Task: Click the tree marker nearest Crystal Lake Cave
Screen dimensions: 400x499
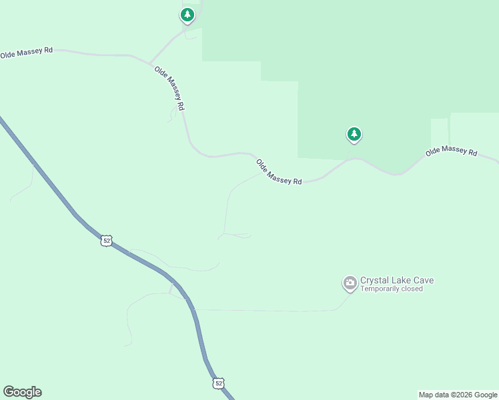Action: (354, 135)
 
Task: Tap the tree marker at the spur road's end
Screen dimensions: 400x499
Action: (187, 15)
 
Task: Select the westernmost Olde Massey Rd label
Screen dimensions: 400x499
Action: (26, 53)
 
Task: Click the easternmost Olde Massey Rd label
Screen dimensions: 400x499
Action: (452, 152)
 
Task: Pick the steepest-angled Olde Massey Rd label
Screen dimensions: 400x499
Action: (169, 88)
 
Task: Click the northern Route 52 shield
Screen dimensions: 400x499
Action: (106, 240)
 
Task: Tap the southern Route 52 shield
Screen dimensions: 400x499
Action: (218, 383)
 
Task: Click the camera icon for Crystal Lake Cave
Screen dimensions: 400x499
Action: (350, 283)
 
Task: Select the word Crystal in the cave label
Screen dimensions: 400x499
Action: (374, 280)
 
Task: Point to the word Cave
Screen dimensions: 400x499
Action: (423, 280)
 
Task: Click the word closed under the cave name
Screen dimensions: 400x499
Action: (412, 289)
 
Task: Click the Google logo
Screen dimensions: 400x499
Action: (22, 392)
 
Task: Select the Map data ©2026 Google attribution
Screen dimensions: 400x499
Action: (458, 395)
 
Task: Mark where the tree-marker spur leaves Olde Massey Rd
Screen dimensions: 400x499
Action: (149, 63)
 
